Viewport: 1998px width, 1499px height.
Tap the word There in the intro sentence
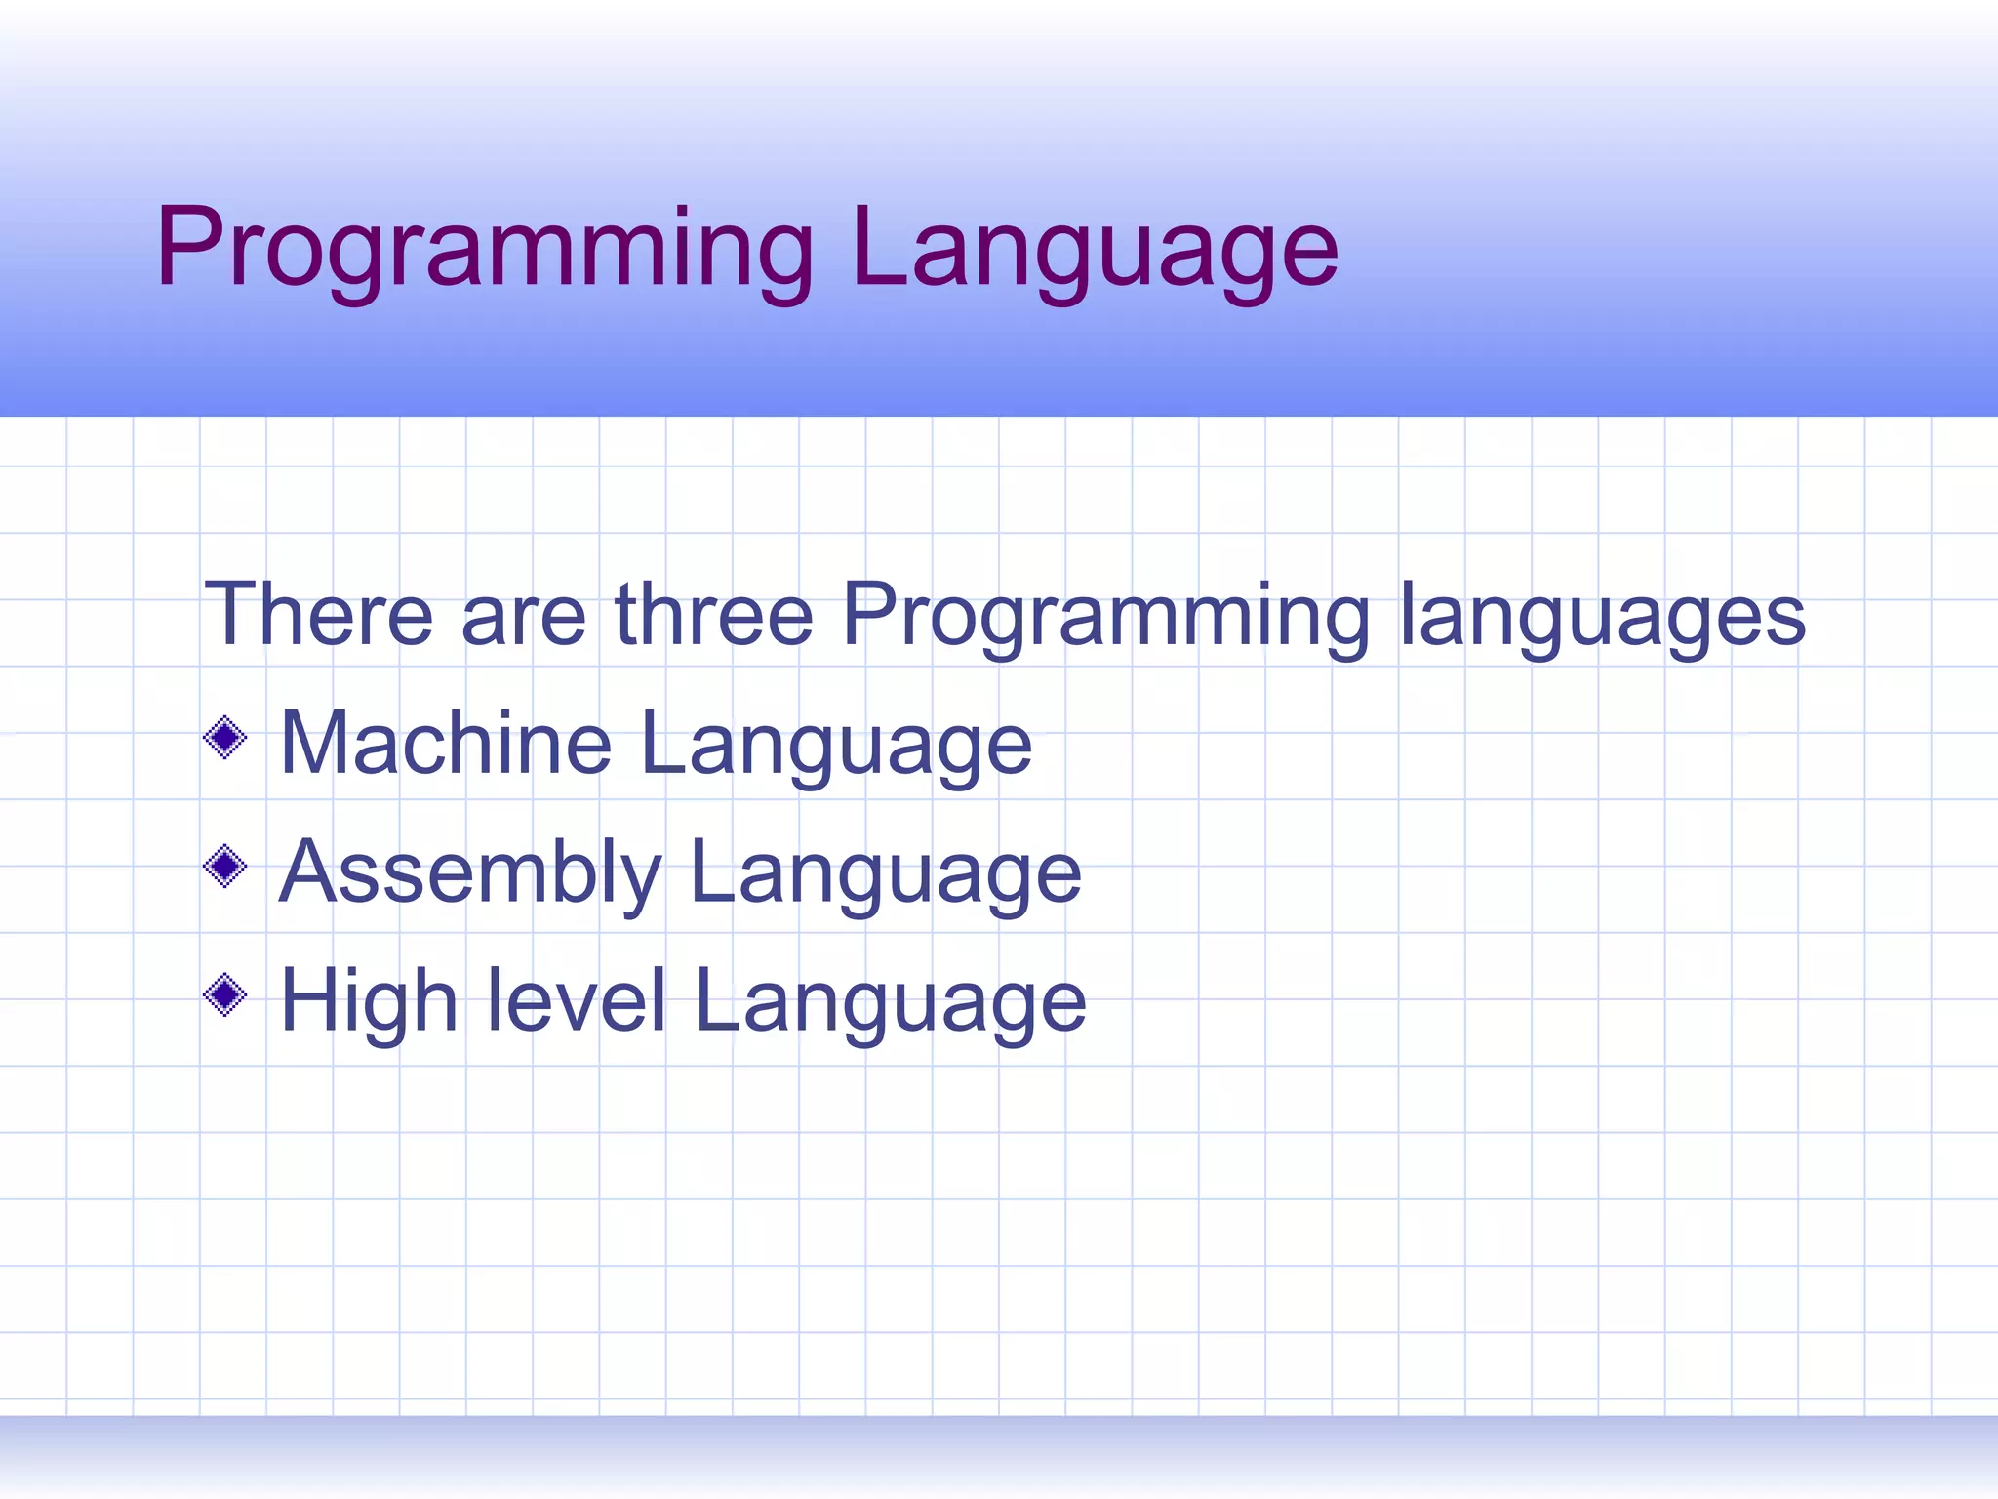318,615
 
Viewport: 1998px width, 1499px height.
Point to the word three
714,615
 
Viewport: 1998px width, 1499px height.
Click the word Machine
446,744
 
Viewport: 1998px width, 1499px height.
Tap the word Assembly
471,873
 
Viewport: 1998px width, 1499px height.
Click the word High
369,1002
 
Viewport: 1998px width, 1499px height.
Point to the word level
576,1000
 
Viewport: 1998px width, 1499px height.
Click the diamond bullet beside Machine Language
225,738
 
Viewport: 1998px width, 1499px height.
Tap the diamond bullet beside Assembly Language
225,866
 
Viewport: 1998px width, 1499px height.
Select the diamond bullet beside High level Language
225,995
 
